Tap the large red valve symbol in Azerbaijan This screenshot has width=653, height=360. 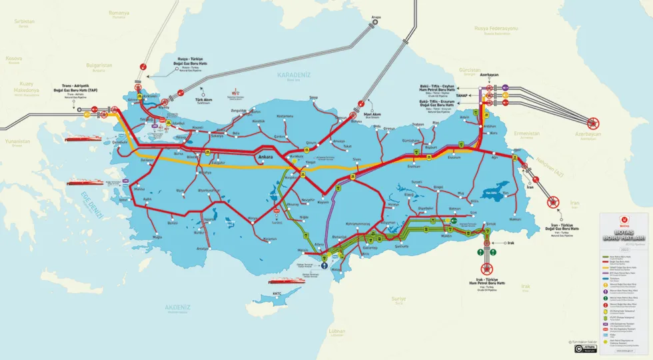pos(594,122)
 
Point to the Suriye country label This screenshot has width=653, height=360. pos(398,299)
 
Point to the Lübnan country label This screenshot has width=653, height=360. pos(337,331)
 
